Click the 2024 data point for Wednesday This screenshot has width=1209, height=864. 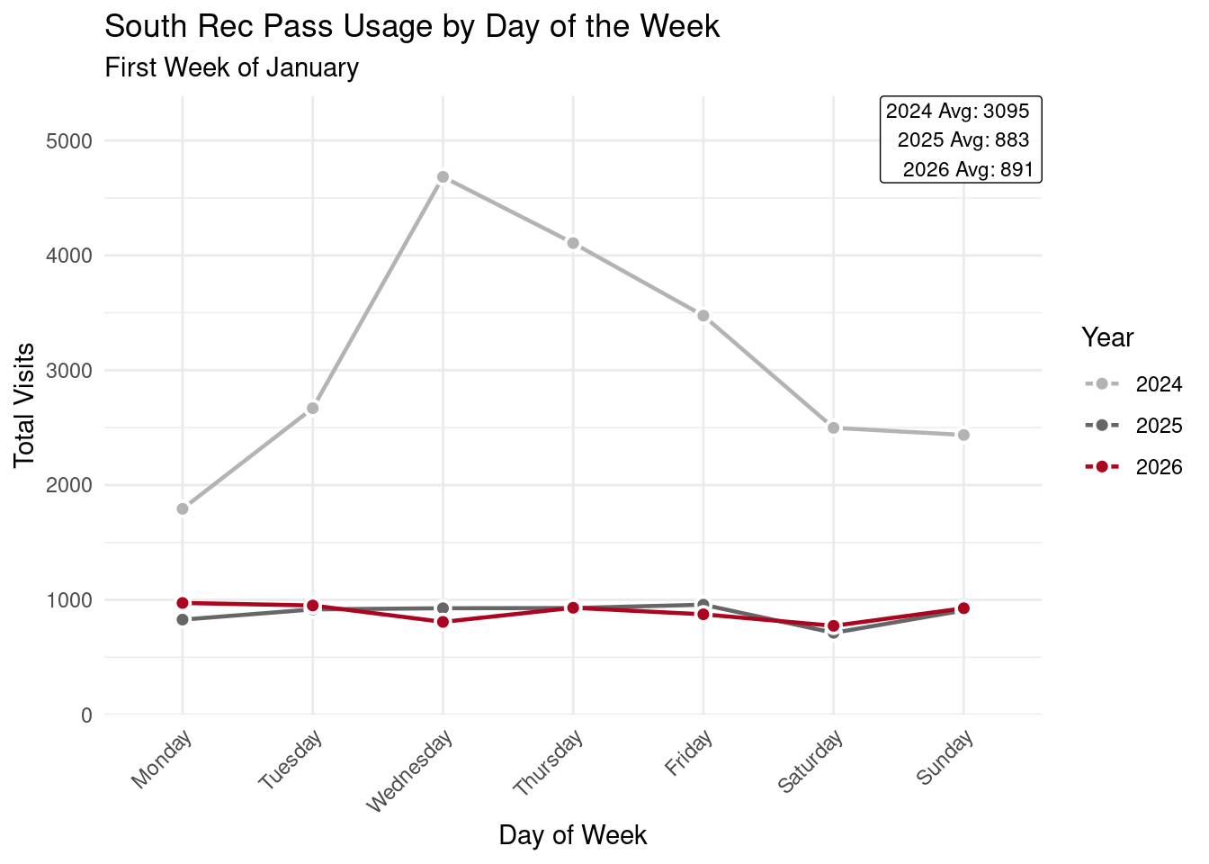443,177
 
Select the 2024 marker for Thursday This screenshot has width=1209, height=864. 573,244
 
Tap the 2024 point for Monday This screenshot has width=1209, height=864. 183,508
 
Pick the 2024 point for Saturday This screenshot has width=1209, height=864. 833,427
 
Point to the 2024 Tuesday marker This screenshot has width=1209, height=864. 312,409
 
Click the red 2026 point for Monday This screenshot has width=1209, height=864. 183,603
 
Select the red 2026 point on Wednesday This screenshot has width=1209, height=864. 443,622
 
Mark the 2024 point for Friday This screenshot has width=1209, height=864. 703,316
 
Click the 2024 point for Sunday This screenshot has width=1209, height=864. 963,435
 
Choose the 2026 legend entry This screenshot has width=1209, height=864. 1133,467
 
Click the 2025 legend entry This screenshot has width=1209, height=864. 1133,426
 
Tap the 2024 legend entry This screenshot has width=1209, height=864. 1133,385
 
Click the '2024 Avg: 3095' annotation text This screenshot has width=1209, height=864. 957,112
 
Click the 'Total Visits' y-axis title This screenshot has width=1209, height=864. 25,405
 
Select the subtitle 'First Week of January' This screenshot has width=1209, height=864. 232,68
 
